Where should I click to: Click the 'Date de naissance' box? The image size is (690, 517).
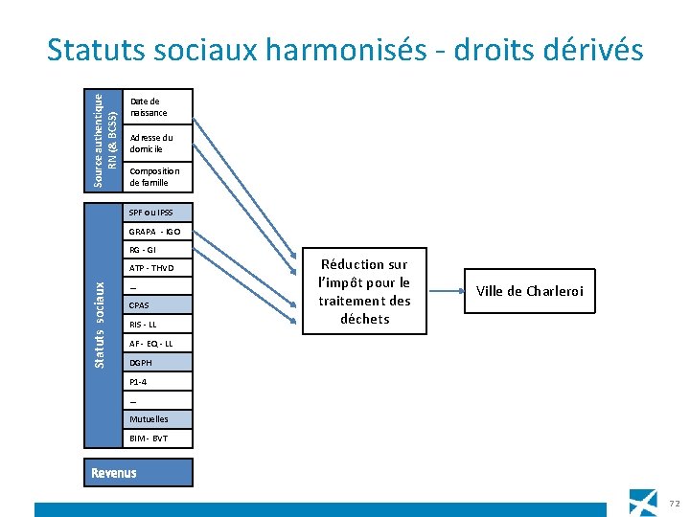pyautogui.click(x=158, y=106)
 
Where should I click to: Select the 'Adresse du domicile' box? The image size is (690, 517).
pyautogui.click(x=158, y=144)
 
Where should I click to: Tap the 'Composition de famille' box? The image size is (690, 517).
pyautogui.click(x=158, y=176)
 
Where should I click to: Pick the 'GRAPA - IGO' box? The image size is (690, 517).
pyautogui.click(x=158, y=232)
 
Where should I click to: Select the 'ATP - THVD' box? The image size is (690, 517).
pyautogui.click(x=158, y=269)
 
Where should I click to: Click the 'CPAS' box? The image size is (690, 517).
pyautogui.click(x=158, y=305)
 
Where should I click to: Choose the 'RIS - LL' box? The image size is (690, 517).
pyautogui.click(x=158, y=325)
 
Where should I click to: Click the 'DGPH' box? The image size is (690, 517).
pyautogui.click(x=158, y=363)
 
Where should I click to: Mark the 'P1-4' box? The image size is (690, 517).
pyautogui.click(x=158, y=382)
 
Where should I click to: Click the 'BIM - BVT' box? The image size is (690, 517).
pyautogui.click(x=158, y=438)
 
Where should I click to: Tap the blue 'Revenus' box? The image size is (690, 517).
pyautogui.click(x=137, y=473)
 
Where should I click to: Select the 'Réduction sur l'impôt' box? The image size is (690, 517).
pyautogui.click(x=364, y=291)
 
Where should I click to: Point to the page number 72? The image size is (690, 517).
pyautogui.click(x=674, y=504)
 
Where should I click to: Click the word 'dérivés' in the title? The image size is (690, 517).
pyautogui.click(x=590, y=50)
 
